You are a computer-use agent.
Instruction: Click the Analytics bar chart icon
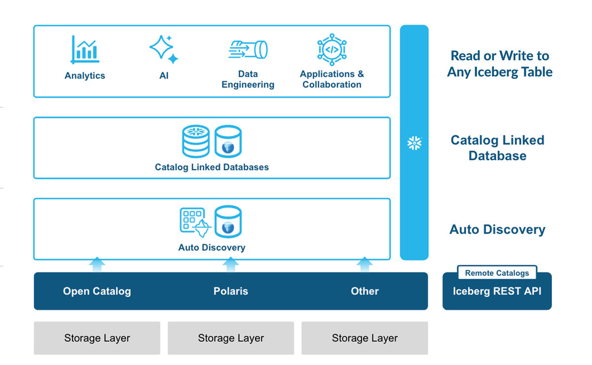[85, 50]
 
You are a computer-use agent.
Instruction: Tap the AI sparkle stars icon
[164, 49]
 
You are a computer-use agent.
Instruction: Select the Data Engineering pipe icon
[248, 49]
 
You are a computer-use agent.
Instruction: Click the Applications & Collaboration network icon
[332, 49]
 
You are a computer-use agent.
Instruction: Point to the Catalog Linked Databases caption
[212, 167]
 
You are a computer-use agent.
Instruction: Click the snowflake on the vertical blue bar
[414, 143]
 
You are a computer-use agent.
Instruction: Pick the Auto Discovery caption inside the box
[212, 248]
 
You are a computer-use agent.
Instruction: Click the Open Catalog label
[97, 291]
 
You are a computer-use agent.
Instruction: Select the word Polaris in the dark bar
[230, 291]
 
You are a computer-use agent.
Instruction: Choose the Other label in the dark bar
[365, 291]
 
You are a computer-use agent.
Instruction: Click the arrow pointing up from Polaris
[230, 264]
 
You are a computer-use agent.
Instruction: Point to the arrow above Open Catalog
[97, 264]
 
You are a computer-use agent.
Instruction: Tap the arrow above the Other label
[365, 264]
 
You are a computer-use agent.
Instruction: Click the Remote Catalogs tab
[497, 273]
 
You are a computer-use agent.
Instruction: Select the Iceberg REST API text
[497, 291]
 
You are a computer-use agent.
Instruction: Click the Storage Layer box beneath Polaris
[230, 338]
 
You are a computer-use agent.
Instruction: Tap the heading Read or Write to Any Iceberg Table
[499, 64]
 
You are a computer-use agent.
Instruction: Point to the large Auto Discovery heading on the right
[497, 229]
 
